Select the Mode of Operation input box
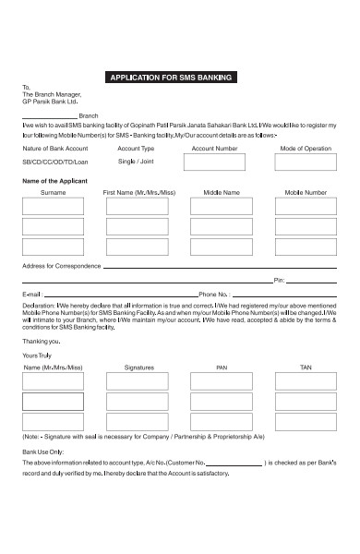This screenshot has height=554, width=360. [305, 163]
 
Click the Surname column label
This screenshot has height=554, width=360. [53, 193]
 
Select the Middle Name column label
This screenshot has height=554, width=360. [221, 193]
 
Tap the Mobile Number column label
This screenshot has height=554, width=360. [306, 193]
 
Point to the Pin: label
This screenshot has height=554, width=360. [279, 280]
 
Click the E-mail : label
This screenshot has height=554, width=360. [32, 294]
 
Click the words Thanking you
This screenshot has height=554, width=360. [36, 341]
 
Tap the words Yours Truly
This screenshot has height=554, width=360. [35, 355]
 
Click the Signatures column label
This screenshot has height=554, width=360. [138, 367]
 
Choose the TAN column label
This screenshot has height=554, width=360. [306, 367]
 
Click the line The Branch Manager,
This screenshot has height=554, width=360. [52, 94]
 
